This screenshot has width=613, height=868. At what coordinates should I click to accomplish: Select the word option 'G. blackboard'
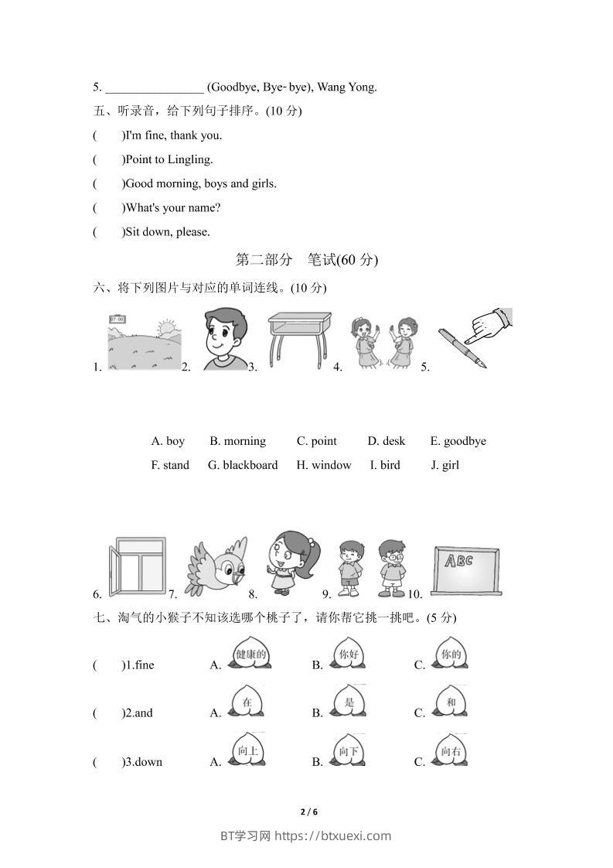243,465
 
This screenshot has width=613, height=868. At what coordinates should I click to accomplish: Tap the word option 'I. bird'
385,465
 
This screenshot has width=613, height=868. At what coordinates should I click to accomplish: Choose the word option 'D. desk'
387,441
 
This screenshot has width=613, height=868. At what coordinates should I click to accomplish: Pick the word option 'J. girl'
445,465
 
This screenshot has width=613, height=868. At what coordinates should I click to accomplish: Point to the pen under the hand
462,349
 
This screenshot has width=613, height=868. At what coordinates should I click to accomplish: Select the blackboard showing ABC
465,570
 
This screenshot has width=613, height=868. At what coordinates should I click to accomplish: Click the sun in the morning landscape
165,329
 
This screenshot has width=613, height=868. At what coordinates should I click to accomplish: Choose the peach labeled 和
451,702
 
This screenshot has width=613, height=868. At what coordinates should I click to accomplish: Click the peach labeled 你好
349,654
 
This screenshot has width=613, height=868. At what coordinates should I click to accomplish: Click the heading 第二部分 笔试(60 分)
306,260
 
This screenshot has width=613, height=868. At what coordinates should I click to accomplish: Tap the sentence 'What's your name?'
173,207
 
